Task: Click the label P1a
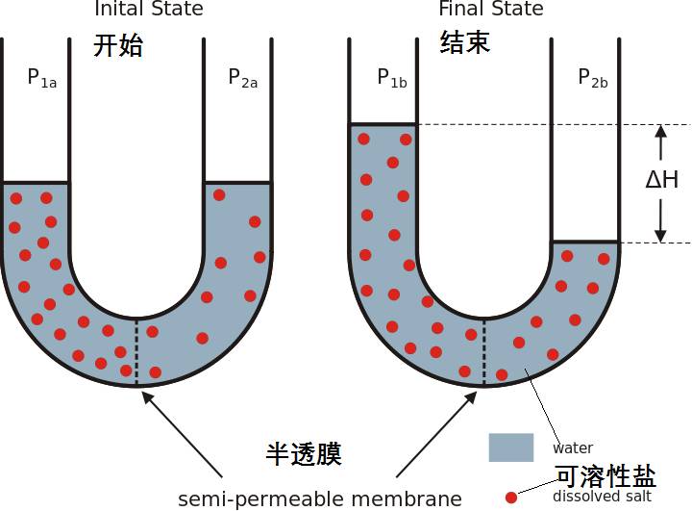[x=41, y=79]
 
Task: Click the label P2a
[x=243, y=79]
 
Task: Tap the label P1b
[x=391, y=79]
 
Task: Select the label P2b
[x=593, y=79]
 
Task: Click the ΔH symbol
[x=661, y=179]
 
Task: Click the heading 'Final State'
[x=491, y=10]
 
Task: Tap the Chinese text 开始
[x=118, y=44]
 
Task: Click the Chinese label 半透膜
[x=304, y=453]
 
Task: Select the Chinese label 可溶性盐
[x=605, y=475]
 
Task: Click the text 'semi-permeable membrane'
[x=320, y=499]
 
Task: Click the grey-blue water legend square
[x=510, y=447]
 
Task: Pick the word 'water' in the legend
[x=573, y=448]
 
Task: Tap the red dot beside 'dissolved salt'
[x=511, y=498]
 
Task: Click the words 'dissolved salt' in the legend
[x=602, y=497]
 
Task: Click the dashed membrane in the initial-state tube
[x=136, y=350]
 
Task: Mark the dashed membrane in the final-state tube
[x=482, y=350]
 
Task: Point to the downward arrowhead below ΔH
[x=660, y=234]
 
